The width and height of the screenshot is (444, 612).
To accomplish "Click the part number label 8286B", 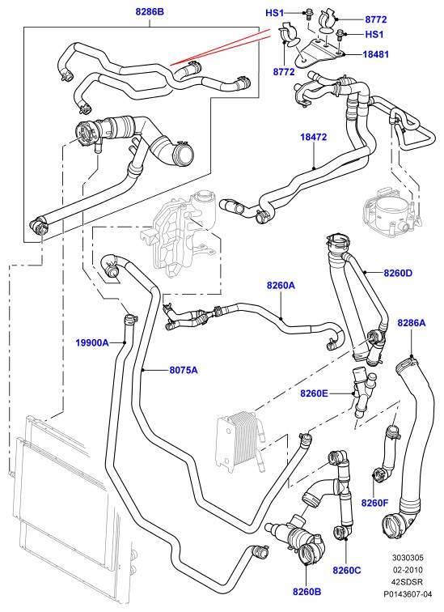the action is click(150, 11).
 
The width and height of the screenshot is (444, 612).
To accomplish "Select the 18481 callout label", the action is click(376, 54).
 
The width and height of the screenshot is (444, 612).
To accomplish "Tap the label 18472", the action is click(314, 137).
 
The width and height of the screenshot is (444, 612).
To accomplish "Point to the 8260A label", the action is click(281, 285).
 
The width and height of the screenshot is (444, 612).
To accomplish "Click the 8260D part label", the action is click(398, 273).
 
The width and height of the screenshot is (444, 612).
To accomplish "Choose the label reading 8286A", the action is click(412, 323).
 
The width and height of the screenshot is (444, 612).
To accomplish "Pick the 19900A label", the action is click(92, 342).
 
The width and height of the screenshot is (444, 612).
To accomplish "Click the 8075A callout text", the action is click(184, 369).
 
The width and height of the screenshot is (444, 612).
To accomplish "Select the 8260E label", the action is click(314, 393).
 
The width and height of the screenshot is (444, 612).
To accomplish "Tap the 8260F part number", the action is click(374, 503).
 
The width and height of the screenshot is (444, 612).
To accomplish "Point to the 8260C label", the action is click(346, 570).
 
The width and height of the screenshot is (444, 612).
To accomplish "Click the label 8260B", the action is click(307, 592).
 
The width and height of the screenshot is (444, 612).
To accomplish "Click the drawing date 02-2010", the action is click(408, 569).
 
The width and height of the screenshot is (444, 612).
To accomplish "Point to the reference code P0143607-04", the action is click(408, 594).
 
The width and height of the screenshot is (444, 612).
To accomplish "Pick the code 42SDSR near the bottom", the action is click(408, 581).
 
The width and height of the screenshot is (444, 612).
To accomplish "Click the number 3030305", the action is click(408, 557).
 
